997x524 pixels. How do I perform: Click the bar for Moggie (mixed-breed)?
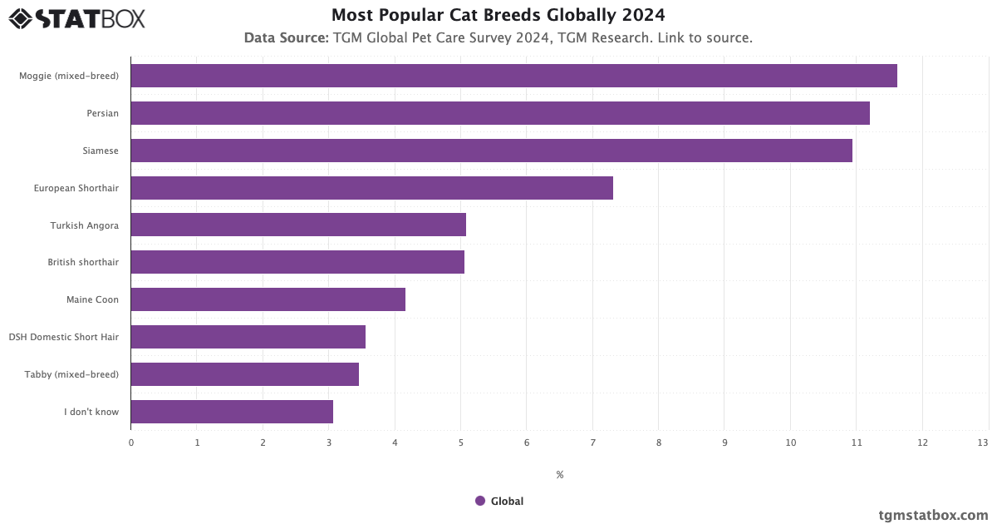tap(513, 76)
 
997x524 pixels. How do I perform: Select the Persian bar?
tap(500, 113)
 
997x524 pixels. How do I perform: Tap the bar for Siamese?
tap(491, 151)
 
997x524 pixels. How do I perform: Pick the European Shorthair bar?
tap(371, 188)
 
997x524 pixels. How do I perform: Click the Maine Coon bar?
tap(268, 299)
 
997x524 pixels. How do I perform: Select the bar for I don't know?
tap(232, 412)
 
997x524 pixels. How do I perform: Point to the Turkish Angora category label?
tap(84, 225)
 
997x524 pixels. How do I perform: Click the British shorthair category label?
tap(83, 263)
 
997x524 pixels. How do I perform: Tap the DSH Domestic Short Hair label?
tap(64, 337)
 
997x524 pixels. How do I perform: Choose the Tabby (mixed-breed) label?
tap(71, 374)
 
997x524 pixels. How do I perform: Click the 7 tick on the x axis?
tap(592, 442)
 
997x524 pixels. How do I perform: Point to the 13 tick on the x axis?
tap(983, 442)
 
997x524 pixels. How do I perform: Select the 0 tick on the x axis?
tap(131, 442)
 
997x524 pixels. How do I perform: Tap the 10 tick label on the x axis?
tap(790, 442)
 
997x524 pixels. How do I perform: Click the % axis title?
tap(559, 475)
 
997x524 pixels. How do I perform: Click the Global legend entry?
tap(499, 501)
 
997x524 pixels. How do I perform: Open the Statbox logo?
tap(76, 18)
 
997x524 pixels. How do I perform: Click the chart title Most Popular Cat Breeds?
tap(498, 15)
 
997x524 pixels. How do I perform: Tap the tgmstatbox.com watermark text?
tap(933, 515)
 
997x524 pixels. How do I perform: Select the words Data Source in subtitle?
tap(286, 38)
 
